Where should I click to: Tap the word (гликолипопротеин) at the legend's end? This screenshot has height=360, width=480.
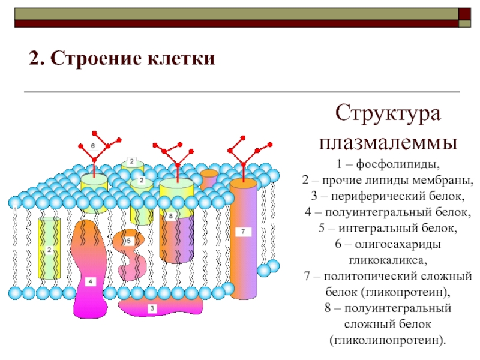point(388,340)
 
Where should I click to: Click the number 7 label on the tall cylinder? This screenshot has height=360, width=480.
point(243,231)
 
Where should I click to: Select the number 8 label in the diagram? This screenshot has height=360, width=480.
point(170,216)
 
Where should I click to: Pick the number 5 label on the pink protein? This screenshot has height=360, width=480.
point(128,241)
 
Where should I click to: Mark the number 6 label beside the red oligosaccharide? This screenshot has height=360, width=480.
point(93,146)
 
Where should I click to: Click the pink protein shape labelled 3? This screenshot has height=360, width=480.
point(152,308)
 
